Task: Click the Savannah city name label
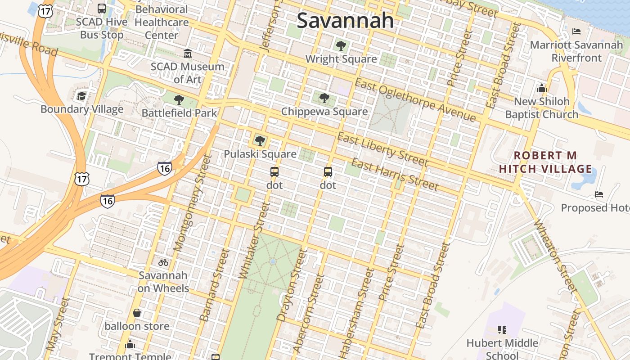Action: point(345,21)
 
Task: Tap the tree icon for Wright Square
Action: point(341,45)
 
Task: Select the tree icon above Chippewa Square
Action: point(324,98)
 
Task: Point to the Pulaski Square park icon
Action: point(260,140)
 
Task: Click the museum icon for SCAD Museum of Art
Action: point(187,54)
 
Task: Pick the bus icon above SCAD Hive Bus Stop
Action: point(102,9)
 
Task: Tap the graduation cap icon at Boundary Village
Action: point(81,96)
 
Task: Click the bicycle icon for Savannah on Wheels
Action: point(163,262)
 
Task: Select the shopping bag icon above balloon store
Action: point(137,313)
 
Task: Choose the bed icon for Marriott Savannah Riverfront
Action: point(576,31)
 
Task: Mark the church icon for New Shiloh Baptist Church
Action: point(541,88)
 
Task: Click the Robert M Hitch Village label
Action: point(545,162)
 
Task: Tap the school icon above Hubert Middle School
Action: point(502,330)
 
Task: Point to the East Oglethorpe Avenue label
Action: point(415,100)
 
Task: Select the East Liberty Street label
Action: point(382,149)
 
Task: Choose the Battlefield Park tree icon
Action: point(179,100)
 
